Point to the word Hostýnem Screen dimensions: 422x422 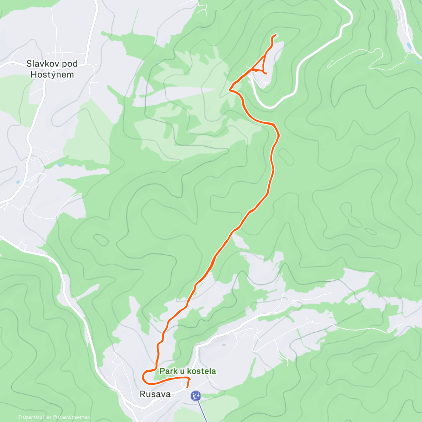[x=52, y=75]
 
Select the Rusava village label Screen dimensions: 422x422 [x=155, y=394]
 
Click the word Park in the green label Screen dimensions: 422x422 [x=168, y=371]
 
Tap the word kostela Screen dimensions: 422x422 [x=202, y=371]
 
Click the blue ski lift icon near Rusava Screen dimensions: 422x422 [x=196, y=396]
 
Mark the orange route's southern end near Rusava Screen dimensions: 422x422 [x=187, y=387]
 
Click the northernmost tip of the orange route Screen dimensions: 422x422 [x=276, y=34]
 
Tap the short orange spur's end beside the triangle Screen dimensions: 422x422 [x=266, y=73]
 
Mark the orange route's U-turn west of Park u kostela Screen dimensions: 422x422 [x=143, y=377]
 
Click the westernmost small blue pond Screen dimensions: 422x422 [x=18, y=182]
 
